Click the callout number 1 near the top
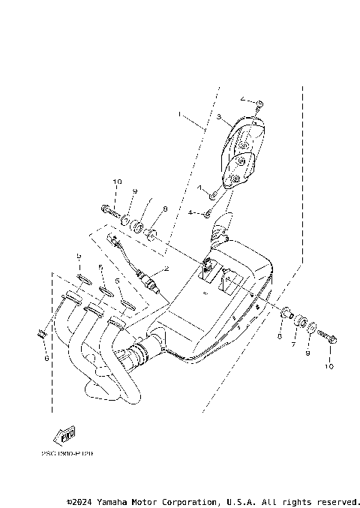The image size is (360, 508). point(179,115)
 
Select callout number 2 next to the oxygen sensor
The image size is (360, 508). point(166,268)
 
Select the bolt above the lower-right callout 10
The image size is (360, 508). point(328,338)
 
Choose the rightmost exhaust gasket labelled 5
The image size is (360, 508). point(127,303)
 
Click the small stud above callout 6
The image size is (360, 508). point(42,330)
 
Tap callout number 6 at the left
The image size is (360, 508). point(45,359)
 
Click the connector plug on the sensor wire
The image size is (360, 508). point(115,243)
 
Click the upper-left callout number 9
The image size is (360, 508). point(136,192)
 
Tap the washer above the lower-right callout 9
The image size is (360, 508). point(310,328)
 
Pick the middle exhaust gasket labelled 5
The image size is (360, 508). point(106,292)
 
